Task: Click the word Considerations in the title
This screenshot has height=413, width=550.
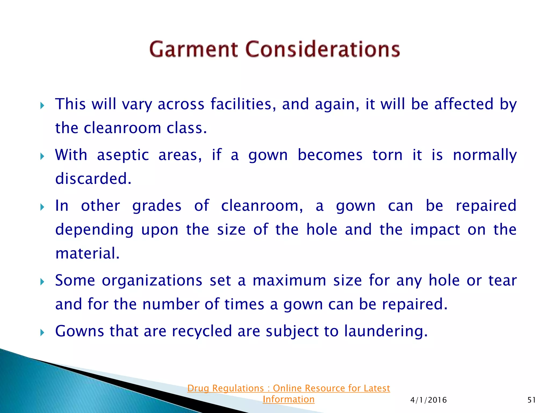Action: pos(323,49)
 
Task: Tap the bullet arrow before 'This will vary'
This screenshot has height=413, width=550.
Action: pos(42,105)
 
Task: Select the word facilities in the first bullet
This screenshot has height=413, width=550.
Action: pos(243,104)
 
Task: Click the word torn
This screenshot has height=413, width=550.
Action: pos(388,155)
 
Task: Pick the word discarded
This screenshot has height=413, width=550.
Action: pos(93,179)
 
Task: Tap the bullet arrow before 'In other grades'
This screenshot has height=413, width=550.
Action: pos(42,207)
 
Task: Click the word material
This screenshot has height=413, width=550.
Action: pos(87,254)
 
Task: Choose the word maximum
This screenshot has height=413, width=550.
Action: pos(290,281)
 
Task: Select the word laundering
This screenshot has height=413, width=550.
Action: pos(386,332)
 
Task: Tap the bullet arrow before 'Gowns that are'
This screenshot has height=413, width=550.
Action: pos(42,333)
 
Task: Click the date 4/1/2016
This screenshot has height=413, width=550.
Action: pos(428,400)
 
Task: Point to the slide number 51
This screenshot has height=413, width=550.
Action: pos(531,400)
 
